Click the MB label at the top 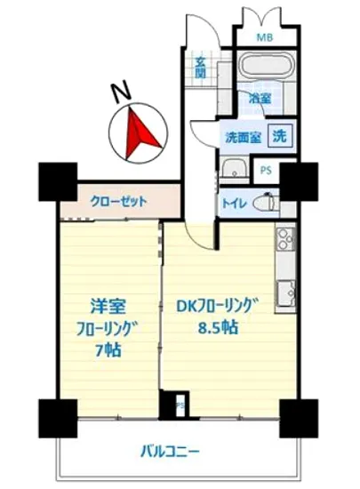(x=265, y=37)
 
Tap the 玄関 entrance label (x=201, y=68)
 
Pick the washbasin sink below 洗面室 (x=235, y=169)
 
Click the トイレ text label (x=235, y=204)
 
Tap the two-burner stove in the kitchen (x=285, y=238)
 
